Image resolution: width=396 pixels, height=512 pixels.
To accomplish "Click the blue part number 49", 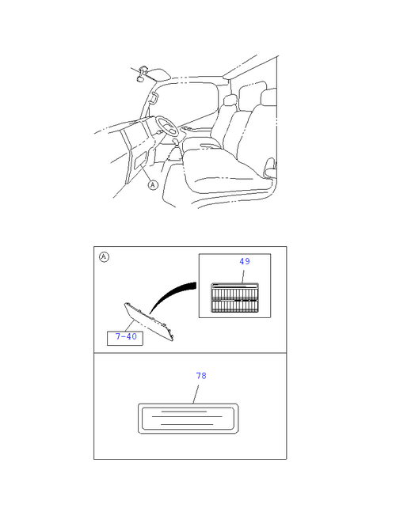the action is pos(245,261).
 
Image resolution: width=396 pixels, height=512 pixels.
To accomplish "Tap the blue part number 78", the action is pos(201,376).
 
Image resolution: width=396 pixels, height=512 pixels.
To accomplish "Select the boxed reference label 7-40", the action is pos(125,338).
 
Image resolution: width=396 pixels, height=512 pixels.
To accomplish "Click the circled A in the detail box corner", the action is pos(104,257).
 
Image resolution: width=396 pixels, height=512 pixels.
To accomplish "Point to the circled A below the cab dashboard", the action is pos(153,185).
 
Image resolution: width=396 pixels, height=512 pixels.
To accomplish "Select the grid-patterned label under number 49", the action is pos(234,297).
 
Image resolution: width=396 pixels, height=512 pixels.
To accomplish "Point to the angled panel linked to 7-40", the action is pos(149,321).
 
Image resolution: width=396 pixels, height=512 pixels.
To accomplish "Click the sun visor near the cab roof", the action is pos(158,74).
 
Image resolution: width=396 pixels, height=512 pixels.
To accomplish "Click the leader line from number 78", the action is pos(196,394).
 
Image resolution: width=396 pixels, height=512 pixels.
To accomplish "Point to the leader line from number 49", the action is pos(243,276).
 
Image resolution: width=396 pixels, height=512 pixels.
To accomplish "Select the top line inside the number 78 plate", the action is pos(184,411).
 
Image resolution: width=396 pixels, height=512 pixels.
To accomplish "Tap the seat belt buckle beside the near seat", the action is pos(269,168).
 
